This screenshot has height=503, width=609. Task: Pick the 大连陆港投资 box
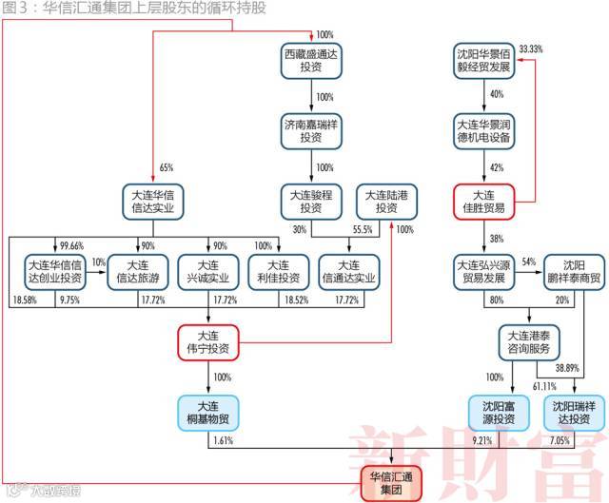click(385, 201)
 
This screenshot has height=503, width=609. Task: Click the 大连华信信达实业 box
click(152, 201)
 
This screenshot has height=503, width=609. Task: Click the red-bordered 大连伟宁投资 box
click(208, 341)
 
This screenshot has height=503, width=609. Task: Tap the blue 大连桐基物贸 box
click(208, 412)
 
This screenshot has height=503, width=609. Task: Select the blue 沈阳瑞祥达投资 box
click(574, 412)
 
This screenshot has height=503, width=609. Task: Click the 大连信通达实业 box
click(349, 271)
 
